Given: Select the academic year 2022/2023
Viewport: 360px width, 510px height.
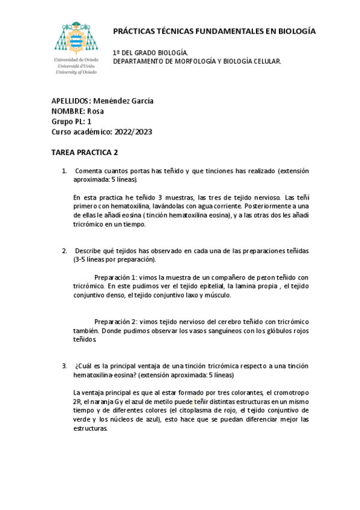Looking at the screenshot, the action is pyautogui.click(x=132, y=131).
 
